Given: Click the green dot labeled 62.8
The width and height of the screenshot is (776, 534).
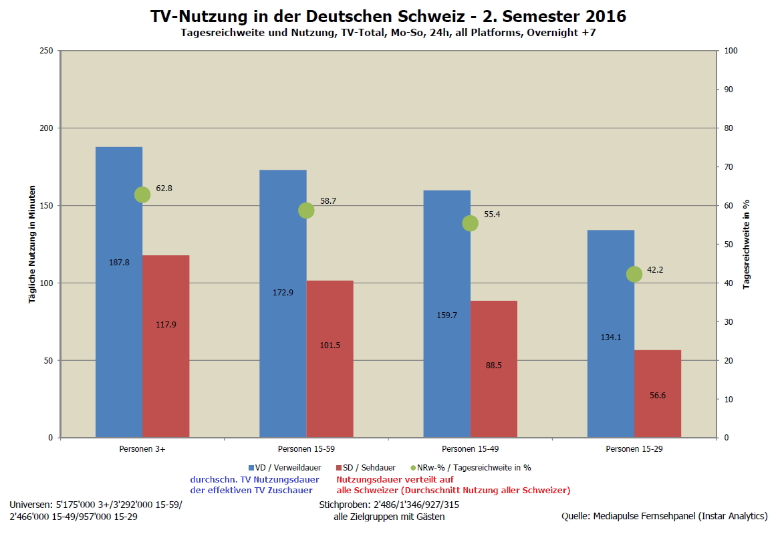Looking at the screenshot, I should click(142, 194).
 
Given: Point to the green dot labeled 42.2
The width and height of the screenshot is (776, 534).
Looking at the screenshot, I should click(634, 274).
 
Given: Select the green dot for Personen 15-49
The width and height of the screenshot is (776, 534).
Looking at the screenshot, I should click(470, 223).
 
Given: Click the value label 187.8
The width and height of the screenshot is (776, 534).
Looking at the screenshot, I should click(119, 263).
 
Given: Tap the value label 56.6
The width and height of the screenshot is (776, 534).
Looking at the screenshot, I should click(658, 396).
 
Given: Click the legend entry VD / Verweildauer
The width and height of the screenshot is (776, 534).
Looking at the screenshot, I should click(288, 468).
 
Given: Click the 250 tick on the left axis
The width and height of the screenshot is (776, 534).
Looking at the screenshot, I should click(46, 51).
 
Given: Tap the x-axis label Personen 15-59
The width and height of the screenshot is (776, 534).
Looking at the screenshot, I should click(306, 448).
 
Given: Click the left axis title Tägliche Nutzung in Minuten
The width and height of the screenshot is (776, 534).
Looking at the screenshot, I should click(31, 245).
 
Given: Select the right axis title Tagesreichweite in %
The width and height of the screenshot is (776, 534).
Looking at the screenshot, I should click(747, 244).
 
